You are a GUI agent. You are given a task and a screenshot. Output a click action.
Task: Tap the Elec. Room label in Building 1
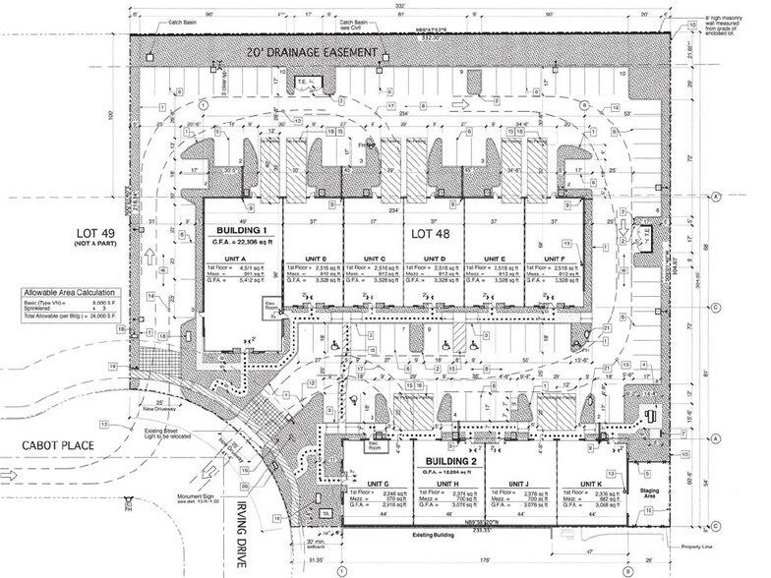pos(269,307)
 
